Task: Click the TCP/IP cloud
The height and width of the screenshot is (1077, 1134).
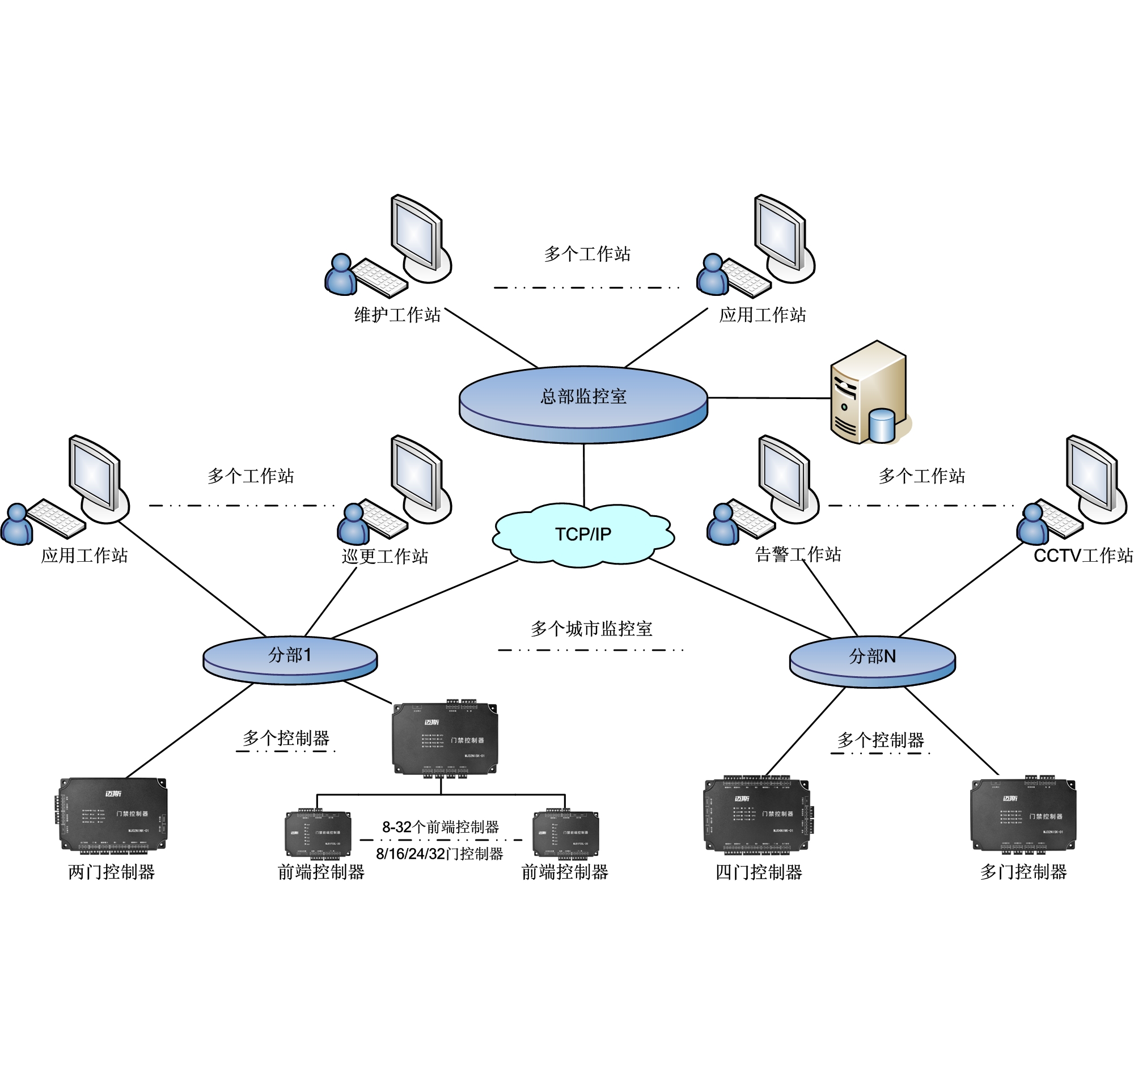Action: pyautogui.click(x=583, y=535)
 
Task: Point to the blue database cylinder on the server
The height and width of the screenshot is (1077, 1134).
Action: pyautogui.click(x=881, y=424)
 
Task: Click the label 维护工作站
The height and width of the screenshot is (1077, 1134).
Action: pyautogui.click(x=397, y=315)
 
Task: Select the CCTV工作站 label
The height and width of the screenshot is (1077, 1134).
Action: pyautogui.click(x=1082, y=556)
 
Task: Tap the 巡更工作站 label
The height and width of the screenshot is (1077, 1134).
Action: pyautogui.click(x=384, y=556)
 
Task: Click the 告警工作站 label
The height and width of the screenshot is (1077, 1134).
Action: pyautogui.click(x=798, y=554)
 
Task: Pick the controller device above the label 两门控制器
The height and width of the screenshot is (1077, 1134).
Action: pyautogui.click(x=113, y=816)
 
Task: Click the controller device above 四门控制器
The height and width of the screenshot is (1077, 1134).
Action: pyautogui.click(x=758, y=816)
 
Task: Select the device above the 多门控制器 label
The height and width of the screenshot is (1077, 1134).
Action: pyautogui.click(x=1023, y=815)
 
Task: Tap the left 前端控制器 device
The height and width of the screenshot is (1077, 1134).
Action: pyautogui.click(x=318, y=834)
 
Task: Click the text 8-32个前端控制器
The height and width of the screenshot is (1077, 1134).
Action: pyautogui.click(x=441, y=827)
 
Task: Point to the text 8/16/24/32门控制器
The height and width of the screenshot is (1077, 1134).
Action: pyautogui.click(x=439, y=854)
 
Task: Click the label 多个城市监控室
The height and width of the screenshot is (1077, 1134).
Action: pyautogui.click(x=591, y=629)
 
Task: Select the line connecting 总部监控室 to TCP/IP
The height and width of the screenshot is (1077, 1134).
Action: pyautogui.click(x=584, y=476)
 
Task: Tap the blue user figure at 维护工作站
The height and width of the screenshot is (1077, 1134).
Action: pyautogui.click(x=341, y=276)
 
